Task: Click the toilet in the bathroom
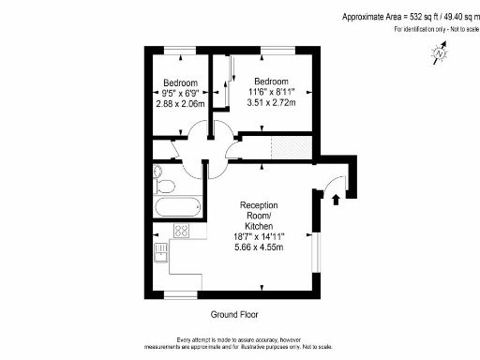(160, 175)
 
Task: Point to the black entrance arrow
(337, 198)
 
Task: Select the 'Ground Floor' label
(234, 315)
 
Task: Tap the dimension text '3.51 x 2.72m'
(270, 103)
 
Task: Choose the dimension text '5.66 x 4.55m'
(258, 249)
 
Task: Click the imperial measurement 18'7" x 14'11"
(258, 238)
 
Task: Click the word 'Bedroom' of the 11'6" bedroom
(270, 81)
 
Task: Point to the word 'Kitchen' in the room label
(259, 227)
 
